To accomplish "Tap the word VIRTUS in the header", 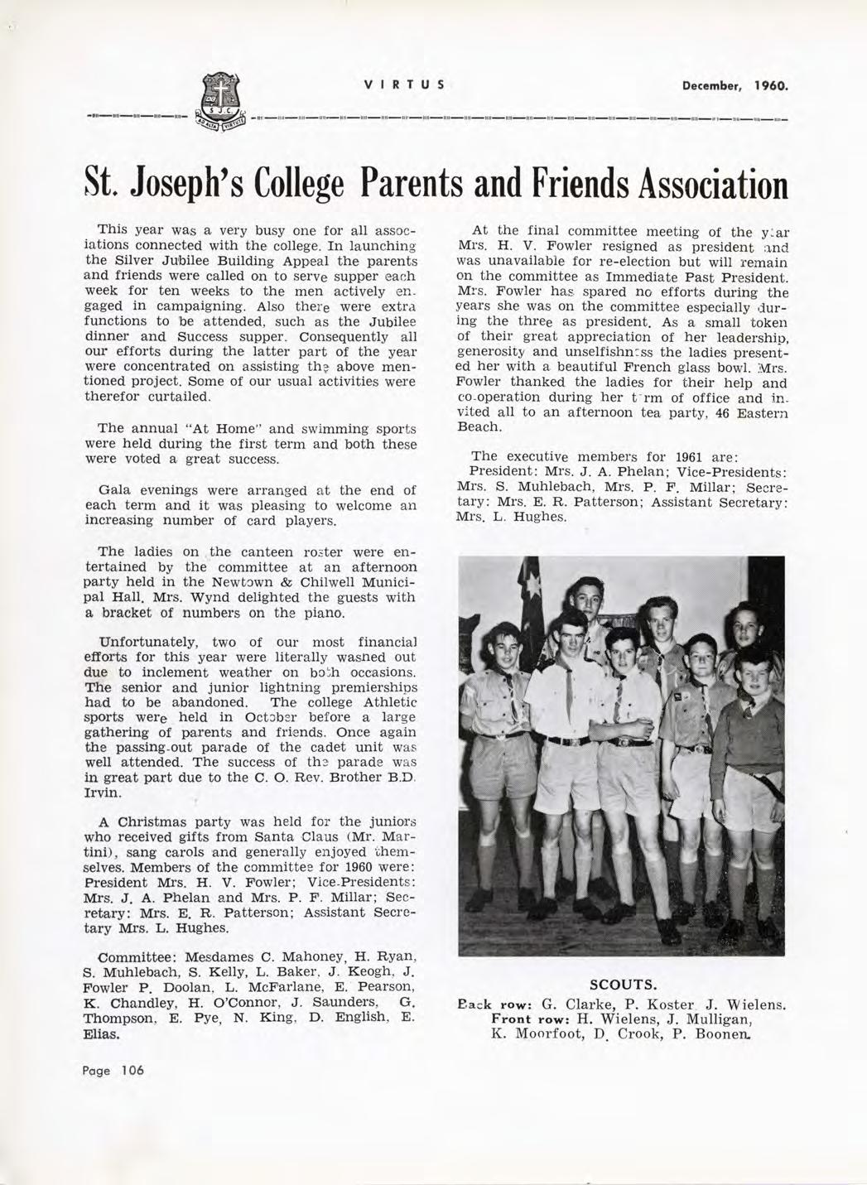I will tap(405, 84).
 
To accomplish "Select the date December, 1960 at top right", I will tap(735, 85).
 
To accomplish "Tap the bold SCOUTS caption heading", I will tap(622, 985).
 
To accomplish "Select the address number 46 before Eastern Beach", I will tap(722, 412).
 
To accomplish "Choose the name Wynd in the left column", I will tap(219, 597).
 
